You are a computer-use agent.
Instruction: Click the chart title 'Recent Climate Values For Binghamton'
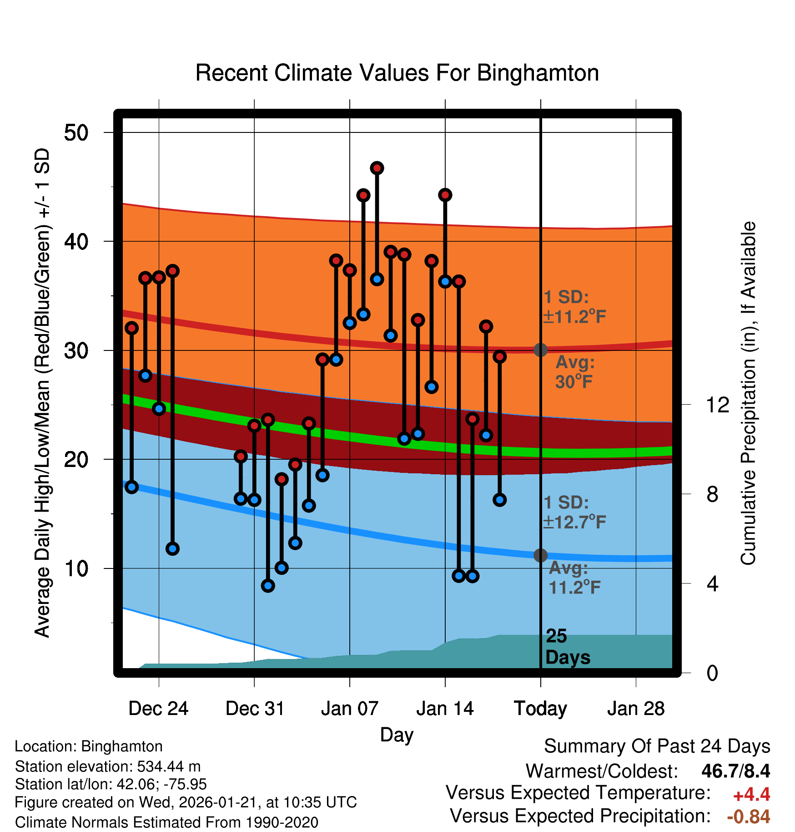(x=397, y=73)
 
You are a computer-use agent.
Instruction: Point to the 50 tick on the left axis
(x=76, y=133)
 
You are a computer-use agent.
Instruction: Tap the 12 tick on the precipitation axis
(x=718, y=405)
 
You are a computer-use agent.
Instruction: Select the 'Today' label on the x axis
(x=540, y=708)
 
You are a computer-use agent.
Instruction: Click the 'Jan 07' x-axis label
(x=349, y=708)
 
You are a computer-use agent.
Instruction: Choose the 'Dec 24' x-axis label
(x=158, y=708)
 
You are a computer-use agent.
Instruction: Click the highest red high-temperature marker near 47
(x=377, y=168)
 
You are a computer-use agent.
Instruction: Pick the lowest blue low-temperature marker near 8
(x=268, y=585)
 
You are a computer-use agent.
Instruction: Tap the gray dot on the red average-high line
(x=540, y=350)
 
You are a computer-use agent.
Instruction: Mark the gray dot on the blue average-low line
(x=540, y=555)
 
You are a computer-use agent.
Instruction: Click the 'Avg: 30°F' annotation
(x=574, y=372)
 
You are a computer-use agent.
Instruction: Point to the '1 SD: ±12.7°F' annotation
(x=574, y=512)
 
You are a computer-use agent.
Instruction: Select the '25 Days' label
(x=567, y=647)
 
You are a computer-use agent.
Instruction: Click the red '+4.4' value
(x=751, y=794)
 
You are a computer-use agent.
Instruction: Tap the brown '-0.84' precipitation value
(x=748, y=817)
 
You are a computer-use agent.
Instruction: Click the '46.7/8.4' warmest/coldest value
(x=735, y=771)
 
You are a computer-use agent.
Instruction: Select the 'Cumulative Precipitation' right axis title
(x=748, y=394)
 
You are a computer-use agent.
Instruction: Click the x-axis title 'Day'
(x=397, y=735)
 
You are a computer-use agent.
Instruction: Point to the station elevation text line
(x=108, y=766)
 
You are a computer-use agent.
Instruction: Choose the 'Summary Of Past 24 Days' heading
(x=657, y=746)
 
